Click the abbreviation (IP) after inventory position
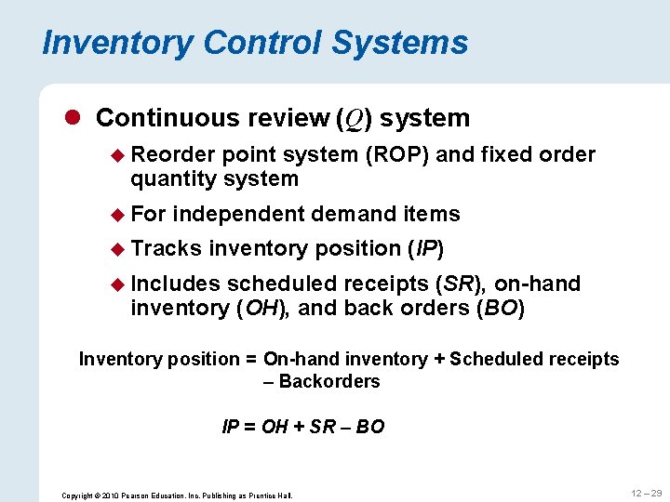tap(426, 248)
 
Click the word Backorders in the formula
tap(329, 381)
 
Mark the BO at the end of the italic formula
tap(370, 427)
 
